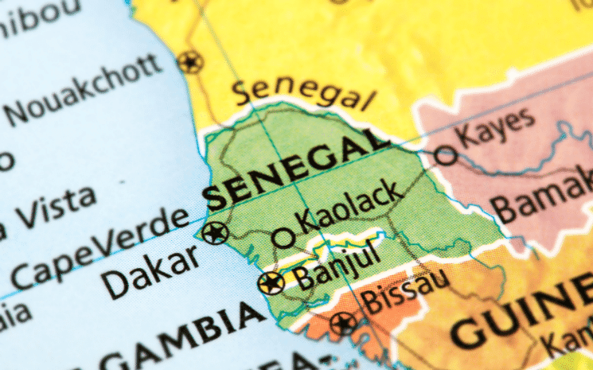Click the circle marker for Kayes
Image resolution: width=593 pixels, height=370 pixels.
(x=446, y=155)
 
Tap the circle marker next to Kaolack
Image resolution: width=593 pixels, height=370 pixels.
(x=283, y=237)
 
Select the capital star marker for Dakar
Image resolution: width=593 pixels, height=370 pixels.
(x=215, y=232)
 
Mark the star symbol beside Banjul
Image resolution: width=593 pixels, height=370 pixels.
(x=271, y=282)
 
